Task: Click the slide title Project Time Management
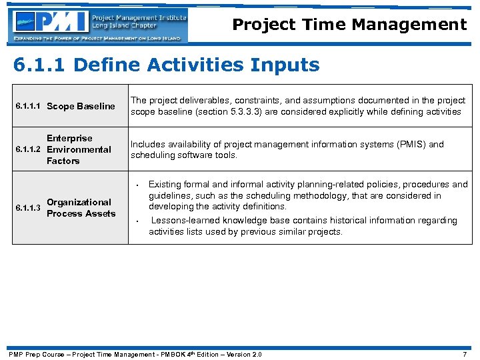tap(349, 25)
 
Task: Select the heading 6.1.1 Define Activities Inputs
tap(167, 65)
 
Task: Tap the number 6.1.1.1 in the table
tap(29, 106)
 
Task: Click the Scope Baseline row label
tap(81, 106)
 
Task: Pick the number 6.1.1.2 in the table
tap(29, 149)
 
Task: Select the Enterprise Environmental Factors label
tap(78, 149)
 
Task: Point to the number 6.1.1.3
tap(29, 207)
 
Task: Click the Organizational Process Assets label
tap(81, 207)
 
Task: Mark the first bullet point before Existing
tap(136, 185)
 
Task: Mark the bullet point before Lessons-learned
tap(136, 221)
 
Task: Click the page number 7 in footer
tap(465, 354)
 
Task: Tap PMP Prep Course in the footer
tap(36, 354)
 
